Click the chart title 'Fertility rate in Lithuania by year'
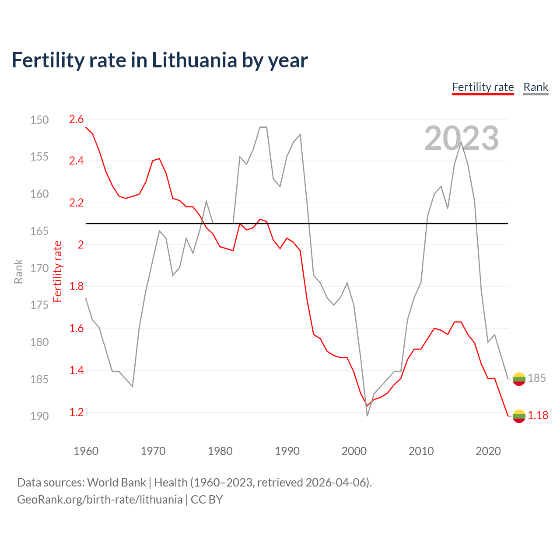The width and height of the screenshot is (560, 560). pyautogui.click(x=160, y=60)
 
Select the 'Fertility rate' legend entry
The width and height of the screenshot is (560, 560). pyautogui.click(x=483, y=87)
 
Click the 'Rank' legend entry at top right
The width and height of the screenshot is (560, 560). pyautogui.click(x=535, y=87)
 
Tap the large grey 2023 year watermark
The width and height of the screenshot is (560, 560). pyautogui.click(x=461, y=138)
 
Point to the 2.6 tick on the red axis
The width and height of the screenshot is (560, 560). pyautogui.click(x=77, y=119)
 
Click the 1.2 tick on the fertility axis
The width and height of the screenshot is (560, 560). pyautogui.click(x=77, y=412)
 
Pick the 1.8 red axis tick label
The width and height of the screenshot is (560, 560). pyautogui.click(x=77, y=287)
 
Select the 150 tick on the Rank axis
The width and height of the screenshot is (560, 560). pyautogui.click(x=39, y=120)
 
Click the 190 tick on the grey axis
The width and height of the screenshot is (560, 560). pyautogui.click(x=39, y=416)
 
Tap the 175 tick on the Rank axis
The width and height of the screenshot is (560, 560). pyautogui.click(x=39, y=305)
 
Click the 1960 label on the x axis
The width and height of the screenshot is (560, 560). pyautogui.click(x=86, y=451)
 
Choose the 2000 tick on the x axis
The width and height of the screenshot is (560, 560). pyautogui.click(x=354, y=451)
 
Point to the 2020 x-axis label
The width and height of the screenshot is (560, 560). pyautogui.click(x=488, y=451)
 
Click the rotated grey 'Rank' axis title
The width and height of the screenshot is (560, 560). pyautogui.click(x=18, y=271)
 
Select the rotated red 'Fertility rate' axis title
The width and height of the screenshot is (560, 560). pyautogui.click(x=58, y=271)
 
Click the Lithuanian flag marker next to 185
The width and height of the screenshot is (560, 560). pyautogui.click(x=519, y=379)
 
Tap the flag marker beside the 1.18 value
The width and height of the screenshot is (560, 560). pyautogui.click(x=519, y=416)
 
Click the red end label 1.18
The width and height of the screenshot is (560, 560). pyautogui.click(x=538, y=415)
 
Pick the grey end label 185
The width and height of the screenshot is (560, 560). pyautogui.click(x=537, y=378)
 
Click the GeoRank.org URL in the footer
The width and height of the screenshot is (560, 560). pyautogui.click(x=100, y=500)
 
